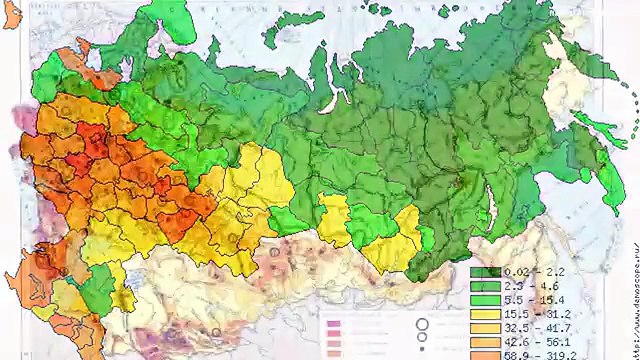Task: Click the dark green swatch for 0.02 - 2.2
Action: [484, 271]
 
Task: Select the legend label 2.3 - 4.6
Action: [529, 285]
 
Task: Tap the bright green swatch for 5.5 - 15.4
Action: [484, 299]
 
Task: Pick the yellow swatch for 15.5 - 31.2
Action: [484, 313]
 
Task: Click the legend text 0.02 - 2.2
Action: [529, 271]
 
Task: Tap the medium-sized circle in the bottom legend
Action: [423, 341]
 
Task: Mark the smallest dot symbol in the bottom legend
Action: [423, 353]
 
